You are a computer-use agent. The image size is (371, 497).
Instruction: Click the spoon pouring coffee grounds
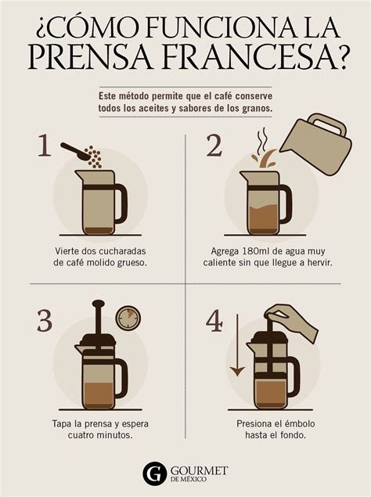pyautogui.click(x=79, y=150)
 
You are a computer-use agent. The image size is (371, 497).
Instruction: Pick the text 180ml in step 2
pyautogui.click(x=260, y=250)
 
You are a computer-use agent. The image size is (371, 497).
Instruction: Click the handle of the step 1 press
pyautogui.click(x=119, y=202)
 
